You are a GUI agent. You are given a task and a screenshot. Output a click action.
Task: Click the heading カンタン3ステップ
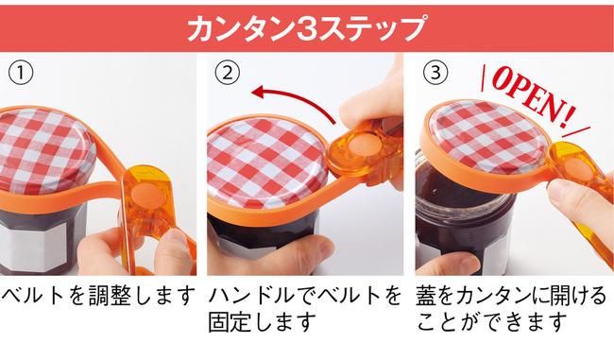306,28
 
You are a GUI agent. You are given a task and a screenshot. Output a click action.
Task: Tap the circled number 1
21,73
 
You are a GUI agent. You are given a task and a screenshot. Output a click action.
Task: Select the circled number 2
227,73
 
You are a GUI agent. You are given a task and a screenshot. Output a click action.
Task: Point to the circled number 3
435,73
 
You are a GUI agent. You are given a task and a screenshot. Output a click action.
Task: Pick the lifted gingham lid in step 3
486,135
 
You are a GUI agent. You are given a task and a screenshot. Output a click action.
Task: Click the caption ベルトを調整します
98,296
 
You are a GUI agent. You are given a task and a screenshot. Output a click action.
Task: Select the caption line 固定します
262,322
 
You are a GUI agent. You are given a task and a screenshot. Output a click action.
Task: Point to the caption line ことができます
492,322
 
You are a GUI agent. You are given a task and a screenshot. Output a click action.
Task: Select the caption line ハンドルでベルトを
305,296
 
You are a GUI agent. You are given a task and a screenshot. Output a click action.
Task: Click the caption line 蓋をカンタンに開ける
511,296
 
